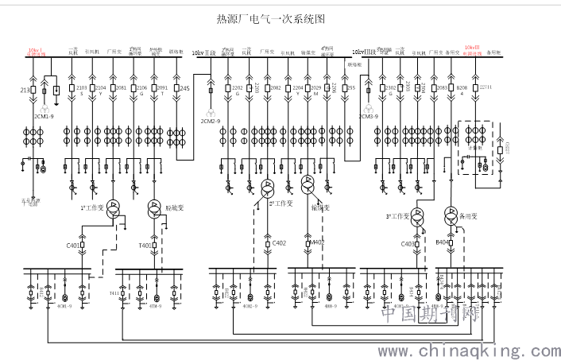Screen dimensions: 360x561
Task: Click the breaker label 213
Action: coord(24,90)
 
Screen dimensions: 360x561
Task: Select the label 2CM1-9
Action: coord(43,115)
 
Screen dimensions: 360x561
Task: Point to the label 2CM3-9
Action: coord(367,116)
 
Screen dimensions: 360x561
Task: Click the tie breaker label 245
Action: coord(184,87)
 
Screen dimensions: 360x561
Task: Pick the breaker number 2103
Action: coord(81,87)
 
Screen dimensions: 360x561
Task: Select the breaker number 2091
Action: coord(163,87)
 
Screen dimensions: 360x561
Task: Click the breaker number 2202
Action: coord(236,87)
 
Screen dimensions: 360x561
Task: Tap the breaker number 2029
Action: coord(315,87)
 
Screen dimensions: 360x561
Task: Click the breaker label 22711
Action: coord(486,87)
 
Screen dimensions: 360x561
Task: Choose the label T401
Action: coord(145,246)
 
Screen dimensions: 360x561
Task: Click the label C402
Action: coord(279,242)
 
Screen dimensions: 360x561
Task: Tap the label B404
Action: coord(443,242)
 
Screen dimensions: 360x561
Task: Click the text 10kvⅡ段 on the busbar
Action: coord(204,53)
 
